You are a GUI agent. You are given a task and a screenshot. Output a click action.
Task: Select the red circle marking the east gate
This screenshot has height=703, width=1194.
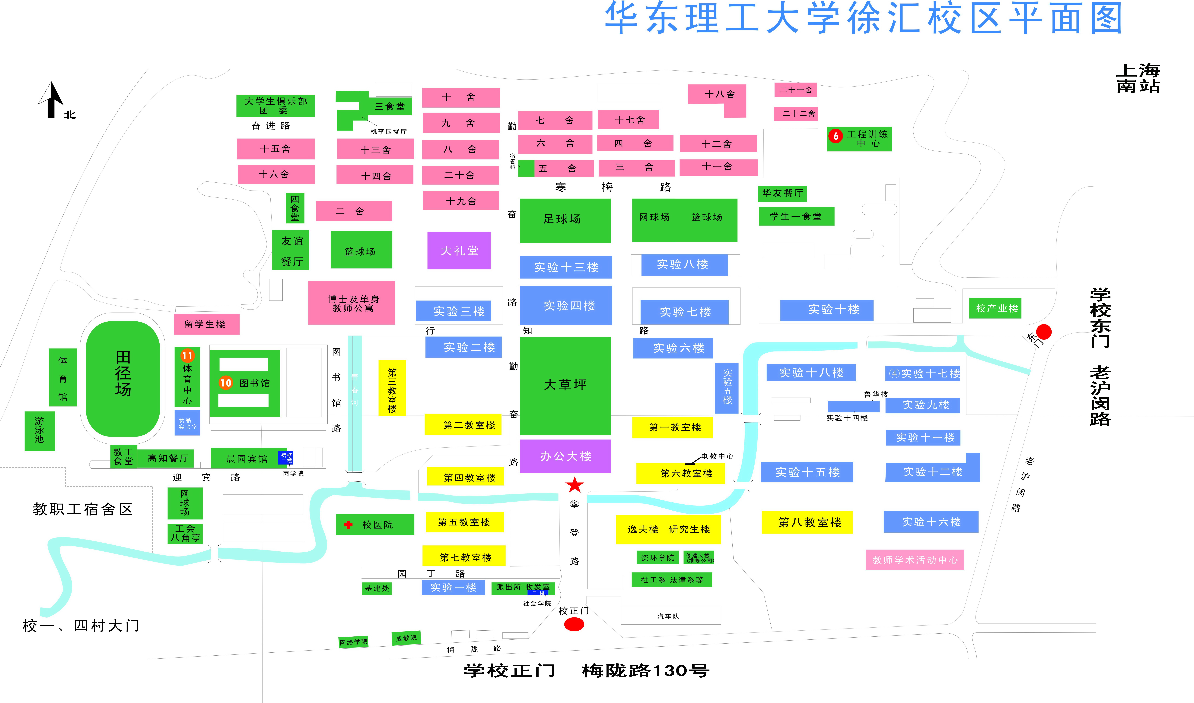pos(1044,332)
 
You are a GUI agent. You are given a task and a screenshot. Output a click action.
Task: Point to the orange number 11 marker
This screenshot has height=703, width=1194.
pos(188,355)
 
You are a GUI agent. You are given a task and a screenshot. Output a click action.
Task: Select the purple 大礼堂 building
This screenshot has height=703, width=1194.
pos(459,251)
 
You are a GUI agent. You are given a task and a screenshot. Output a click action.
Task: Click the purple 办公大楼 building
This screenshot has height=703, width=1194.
pos(565,456)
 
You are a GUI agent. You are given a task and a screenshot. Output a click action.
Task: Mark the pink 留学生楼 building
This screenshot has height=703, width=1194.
pos(206,324)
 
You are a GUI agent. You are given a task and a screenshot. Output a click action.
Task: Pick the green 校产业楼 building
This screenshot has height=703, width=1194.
pos(995,308)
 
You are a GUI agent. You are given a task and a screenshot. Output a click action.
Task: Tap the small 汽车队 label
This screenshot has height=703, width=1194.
pos(668,616)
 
